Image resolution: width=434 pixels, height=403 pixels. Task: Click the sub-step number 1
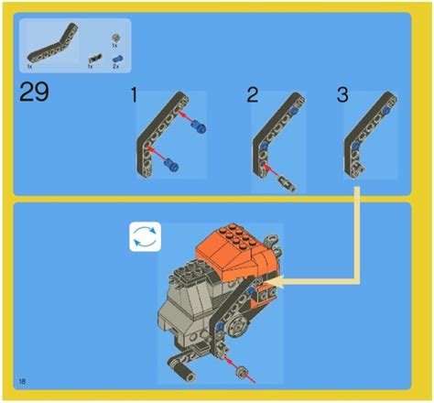[x=135, y=95]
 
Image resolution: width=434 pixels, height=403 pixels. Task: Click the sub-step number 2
[x=253, y=95]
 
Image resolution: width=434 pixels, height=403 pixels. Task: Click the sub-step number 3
[x=343, y=95]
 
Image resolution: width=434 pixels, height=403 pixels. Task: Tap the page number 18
[x=21, y=379]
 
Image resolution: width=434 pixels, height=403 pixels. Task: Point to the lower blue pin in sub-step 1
[x=170, y=166]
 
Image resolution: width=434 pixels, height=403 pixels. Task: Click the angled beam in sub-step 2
[x=279, y=128]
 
